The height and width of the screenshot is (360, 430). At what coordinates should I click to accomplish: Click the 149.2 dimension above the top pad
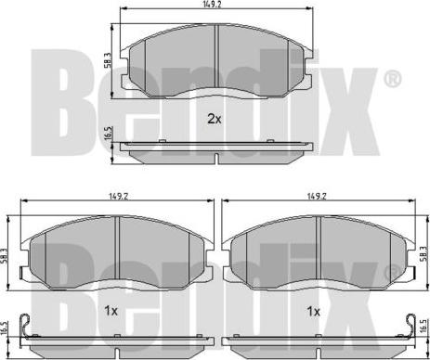(215, 6)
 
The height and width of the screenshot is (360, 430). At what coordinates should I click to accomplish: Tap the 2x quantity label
(213, 118)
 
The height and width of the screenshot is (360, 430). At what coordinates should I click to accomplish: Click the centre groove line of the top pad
(215, 58)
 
